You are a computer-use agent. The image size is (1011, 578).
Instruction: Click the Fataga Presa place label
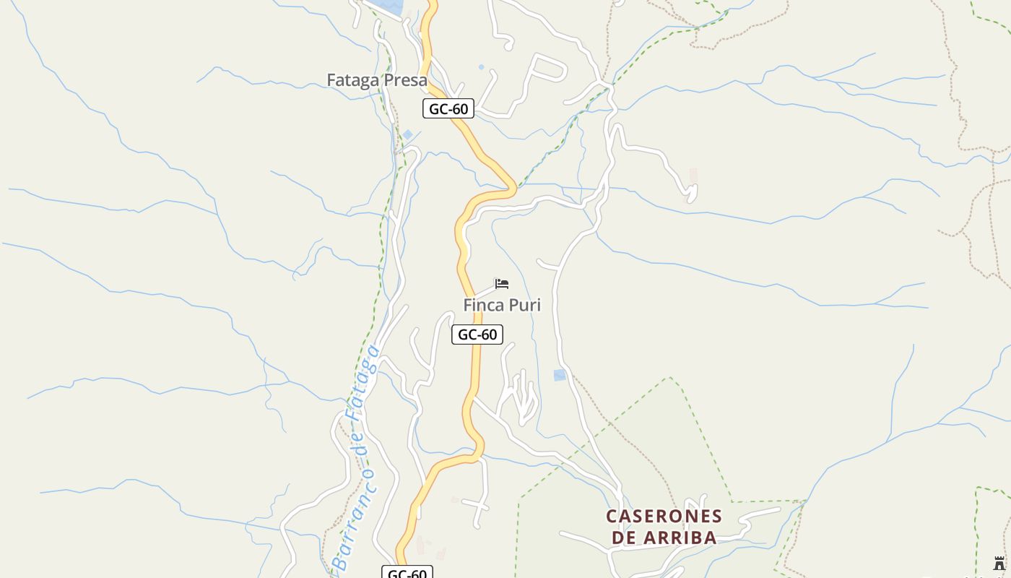(376, 80)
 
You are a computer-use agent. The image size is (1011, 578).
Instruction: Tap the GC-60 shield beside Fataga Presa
(448, 109)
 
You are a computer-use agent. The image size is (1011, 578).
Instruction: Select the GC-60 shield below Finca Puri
(477, 335)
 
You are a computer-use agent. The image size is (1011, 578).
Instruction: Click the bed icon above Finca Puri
(502, 283)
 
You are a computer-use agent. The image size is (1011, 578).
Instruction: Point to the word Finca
(484, 305)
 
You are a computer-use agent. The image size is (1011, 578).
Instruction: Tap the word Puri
(525, 306)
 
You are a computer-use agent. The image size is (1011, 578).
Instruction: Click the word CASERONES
(664, 517)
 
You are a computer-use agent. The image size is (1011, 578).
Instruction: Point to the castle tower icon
(999, 564)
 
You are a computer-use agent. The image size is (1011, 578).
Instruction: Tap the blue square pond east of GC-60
(560, 375)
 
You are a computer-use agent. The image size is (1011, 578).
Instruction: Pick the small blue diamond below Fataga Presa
(408, 134)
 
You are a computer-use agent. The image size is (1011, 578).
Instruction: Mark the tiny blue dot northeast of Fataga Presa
(482, 67)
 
